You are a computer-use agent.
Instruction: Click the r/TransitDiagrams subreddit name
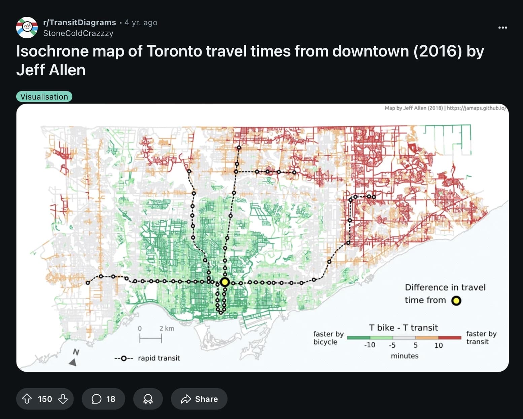click(x=79, y=23)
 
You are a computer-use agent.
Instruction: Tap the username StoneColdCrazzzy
click(x=78, y=33)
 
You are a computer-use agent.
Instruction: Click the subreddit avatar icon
click(x=27, y=28)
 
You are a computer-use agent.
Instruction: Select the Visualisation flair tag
click(x=44, y=97)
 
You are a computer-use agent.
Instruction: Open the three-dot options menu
click(x=502, y=28)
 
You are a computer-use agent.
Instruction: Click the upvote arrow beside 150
click(x=27, y=399)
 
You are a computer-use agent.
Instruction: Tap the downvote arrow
click(x=63, y=399)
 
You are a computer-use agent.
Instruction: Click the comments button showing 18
click(x=103, y=399)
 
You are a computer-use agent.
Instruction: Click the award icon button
click(x=148, y=399)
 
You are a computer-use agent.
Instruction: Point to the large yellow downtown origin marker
click(x=225, y=282)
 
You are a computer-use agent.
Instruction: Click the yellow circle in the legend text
click(x=456, y=300)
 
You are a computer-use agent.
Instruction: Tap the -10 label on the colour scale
click(x=370, y=345)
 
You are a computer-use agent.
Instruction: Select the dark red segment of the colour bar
click(x=450, y=337)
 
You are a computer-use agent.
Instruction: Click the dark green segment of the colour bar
click(x=358, y=337)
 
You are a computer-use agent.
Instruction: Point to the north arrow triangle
click(x=73, y=362)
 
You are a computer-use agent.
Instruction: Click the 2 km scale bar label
click(x=167, y=329)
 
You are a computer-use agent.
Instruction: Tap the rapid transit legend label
click(x=159, y=358)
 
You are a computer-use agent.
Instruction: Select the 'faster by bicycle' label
click(x=328, y=338)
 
